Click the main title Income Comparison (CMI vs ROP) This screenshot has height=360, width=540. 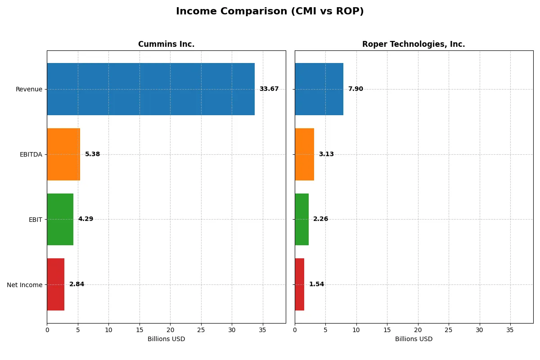coord(270,11)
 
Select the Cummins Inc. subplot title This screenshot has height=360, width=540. coord(166,44)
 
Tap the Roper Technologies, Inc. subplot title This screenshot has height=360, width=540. coord(414,44)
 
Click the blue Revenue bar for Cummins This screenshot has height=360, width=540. coord(151,89)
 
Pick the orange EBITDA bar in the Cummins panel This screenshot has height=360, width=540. coord(63,154)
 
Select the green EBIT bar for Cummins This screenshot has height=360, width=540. coord(60,219)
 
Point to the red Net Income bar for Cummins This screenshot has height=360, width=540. coord(55,284)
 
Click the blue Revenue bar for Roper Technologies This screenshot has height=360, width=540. coord(319,89)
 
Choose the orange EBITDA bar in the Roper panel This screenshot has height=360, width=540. coord(304,154)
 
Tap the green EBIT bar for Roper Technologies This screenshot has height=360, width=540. coord(301,219)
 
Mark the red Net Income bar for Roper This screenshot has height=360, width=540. coord(299,284)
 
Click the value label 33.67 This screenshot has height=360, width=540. coord(269,89)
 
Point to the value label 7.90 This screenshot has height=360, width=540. coord(355,89)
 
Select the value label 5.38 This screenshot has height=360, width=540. coord(92,154)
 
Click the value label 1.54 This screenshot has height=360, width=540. coord(316,284)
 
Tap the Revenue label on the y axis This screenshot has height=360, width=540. coord(29,89)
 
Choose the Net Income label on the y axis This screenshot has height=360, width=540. coord(24,285)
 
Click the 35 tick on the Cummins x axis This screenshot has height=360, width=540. coord(262,330)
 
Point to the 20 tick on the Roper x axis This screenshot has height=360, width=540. coord(418,330)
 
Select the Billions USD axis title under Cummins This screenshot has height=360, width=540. coord(166,339)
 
